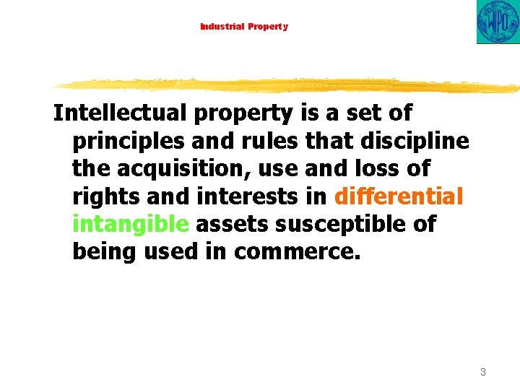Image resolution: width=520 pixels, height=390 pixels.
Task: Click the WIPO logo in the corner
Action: click(x=498, y=22)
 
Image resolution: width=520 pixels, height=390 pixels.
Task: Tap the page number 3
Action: click(x=482, y=372)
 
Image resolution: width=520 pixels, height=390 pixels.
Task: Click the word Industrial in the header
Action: click(x=222, y=27)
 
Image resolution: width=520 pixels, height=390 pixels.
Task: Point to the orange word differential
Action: click(x=399, y=196)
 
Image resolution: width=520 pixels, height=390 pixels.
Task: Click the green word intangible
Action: click(x=130, y=224)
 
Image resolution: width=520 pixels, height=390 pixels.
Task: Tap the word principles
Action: click(x=127, y=141)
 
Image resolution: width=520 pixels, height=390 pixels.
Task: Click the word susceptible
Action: click(x=329, y=224)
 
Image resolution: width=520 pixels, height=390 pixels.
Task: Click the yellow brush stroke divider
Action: click(x=289, y=84)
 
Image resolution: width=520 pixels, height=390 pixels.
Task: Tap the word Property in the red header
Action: click(x=268, y=27)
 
